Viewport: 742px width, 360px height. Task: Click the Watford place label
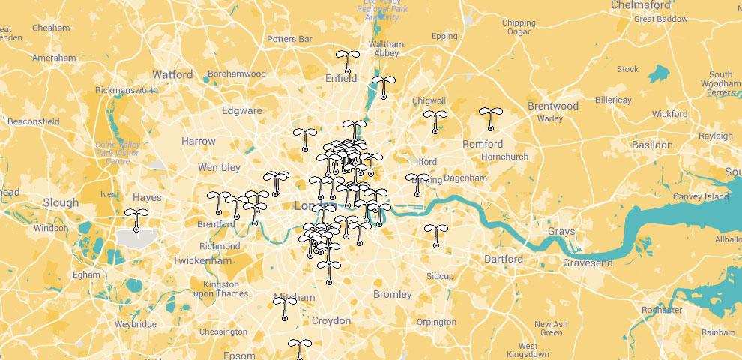tap(172, 74)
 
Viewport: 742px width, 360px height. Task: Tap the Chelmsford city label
tap(641, 5)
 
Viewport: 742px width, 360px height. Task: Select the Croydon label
tap(331, 320)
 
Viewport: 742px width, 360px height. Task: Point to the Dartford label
tap(504, 259)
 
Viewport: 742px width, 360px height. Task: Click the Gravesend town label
tap(588, 262)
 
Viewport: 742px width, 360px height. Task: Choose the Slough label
tap(61, 202)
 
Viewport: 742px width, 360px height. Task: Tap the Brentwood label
tap(553, 106)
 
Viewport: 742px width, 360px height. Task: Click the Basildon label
tap(652, 144)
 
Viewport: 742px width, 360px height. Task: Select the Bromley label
tap(392, 294)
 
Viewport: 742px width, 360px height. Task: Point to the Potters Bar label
tap(289, 38)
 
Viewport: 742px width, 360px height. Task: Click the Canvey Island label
tap(702, 196)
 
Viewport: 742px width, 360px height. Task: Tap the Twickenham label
tap(202, 260)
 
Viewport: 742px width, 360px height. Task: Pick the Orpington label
tap(436, 322)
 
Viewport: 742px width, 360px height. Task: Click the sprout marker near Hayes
tap(136, 218)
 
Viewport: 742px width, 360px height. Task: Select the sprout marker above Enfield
tap(346, 61)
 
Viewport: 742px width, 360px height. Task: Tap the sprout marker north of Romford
tap(491, 118)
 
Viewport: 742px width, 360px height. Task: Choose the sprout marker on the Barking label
tap(417, 184)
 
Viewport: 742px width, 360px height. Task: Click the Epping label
tap(444, 36)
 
